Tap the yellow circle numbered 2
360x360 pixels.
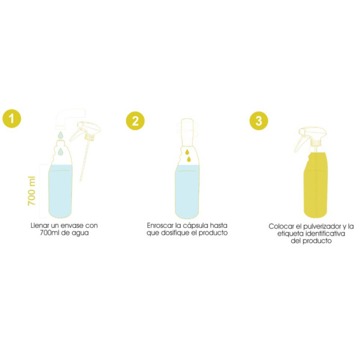(135, 121)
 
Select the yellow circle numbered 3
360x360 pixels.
(258, 121)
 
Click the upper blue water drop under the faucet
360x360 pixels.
(61, 135)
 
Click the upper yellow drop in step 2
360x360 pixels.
(187, 152)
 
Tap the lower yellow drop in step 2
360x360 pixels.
(189, 160)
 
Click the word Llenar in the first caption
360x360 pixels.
(39, 226)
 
